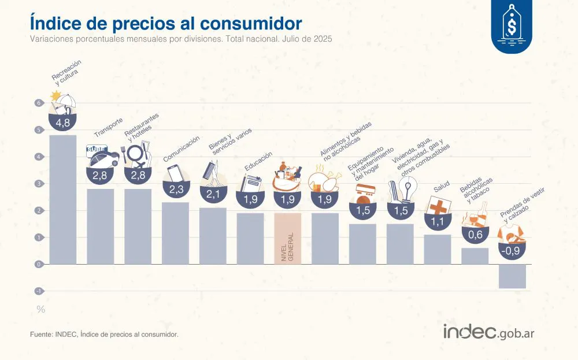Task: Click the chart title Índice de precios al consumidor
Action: pos(165,23)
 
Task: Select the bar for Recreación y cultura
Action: pos(62,199)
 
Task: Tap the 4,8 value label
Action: pos(62,123)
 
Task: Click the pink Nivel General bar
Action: pos(287,238)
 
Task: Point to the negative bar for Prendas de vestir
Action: pos(512,276)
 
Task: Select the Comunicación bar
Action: pos(175,233)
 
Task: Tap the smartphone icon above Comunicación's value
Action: pos(175,174)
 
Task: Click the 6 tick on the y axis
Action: pos(38,103)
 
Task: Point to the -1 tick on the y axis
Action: pos(38,291)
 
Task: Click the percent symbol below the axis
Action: pos(40,310)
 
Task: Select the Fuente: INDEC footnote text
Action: pos(104,335)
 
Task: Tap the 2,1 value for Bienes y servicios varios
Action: pos(213,194)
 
